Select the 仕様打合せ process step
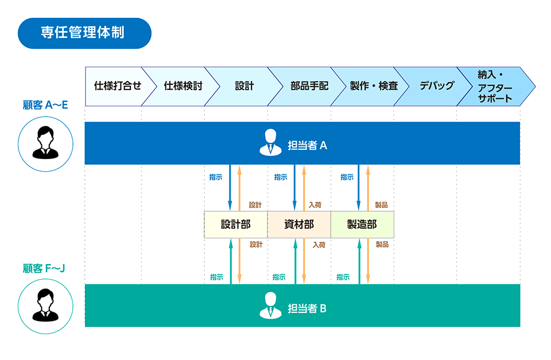(117, 86)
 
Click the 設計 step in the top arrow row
(244, 86)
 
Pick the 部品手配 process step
(309, 86)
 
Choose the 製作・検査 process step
(373, 86)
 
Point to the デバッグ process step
(436, 86)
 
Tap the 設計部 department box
(235, 224)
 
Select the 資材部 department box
(299, 224)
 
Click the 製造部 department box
(362, 224)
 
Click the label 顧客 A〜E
(45, 105)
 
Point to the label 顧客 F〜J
(45, 268)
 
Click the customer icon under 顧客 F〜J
(45, 305)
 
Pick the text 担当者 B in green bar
(306, 308)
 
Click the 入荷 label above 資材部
(315, 205)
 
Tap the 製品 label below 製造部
(382, 245)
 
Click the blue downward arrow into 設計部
(230, 187)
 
